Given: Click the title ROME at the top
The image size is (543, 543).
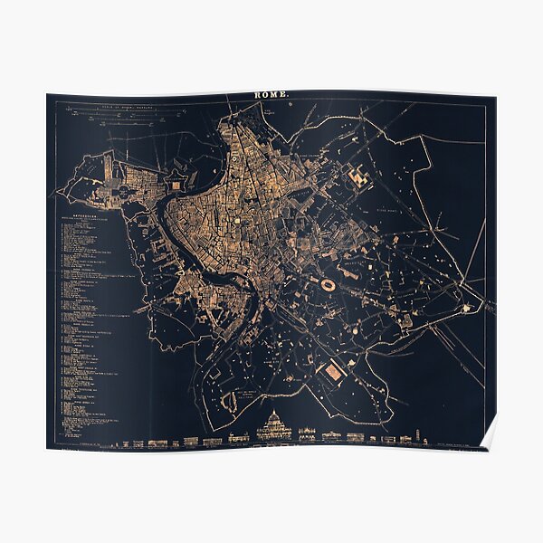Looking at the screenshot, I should (x=271, y=94).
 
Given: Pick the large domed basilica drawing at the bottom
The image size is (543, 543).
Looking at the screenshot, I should (x=274, y=426).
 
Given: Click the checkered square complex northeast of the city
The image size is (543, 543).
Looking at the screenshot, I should (x=359, y=177).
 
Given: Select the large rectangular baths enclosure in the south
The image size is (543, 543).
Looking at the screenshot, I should (x=334, y=371).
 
